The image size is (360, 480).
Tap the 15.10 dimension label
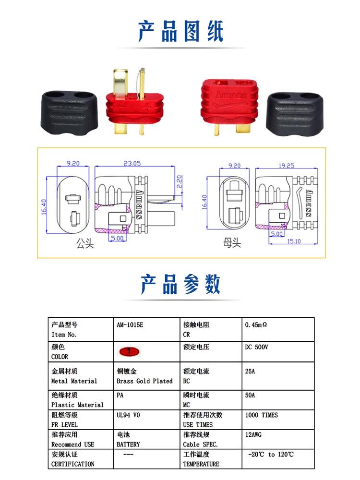(294, 241)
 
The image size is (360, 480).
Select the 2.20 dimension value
(179, 181)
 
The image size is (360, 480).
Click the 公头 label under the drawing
(85, 244)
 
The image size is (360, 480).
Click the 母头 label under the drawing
(232, 243)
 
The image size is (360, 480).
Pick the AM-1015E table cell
(130, 324)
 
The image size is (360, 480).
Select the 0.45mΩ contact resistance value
(255, 324)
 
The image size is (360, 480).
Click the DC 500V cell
(256, 347)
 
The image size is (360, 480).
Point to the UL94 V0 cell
(129, 415)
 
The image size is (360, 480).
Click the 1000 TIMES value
(261, 415)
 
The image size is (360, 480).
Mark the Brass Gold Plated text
(144, 381)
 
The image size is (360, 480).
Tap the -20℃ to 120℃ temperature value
(271, 454)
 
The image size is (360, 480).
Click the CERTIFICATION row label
(72, 464)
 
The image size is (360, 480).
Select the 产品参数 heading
(180, 284)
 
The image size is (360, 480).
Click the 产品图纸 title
(180, 31)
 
